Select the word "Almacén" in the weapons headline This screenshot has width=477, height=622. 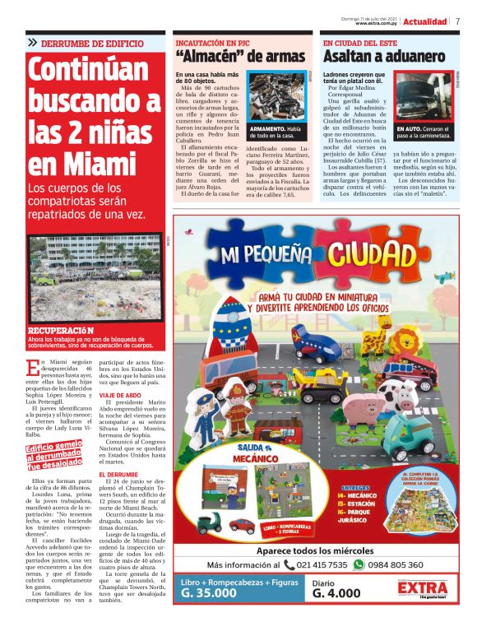(211, 56)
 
